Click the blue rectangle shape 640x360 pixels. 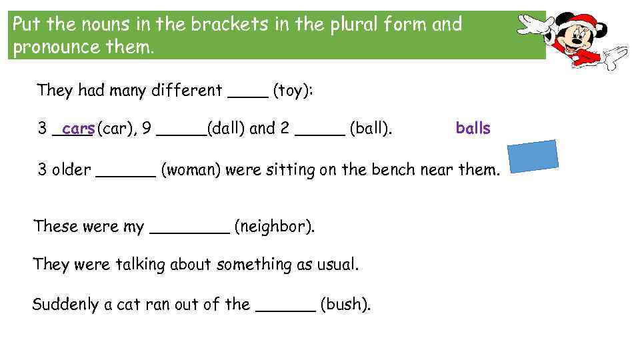[x=533, y=156]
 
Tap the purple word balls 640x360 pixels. [x=473, y=128]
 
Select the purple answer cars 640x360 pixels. [x=79, y=129]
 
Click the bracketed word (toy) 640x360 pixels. [x=293, y=91]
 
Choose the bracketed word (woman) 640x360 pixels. [x=191, y=169]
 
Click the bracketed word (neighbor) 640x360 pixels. [x=275, y=227]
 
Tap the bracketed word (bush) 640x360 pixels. [x=346, y=305]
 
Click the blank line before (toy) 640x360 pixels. [x=248, y=97]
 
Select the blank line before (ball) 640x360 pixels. [x=320, y=135]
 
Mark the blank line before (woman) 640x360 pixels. [x=126, y=176]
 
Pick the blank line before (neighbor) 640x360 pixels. [x=190, y=233]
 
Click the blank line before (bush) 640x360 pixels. [x=286, y=311]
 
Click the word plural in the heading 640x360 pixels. [x=353, y=25]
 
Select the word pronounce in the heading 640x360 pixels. [x=56, y=47]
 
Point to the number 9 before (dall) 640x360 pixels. [x=147, y=128]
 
